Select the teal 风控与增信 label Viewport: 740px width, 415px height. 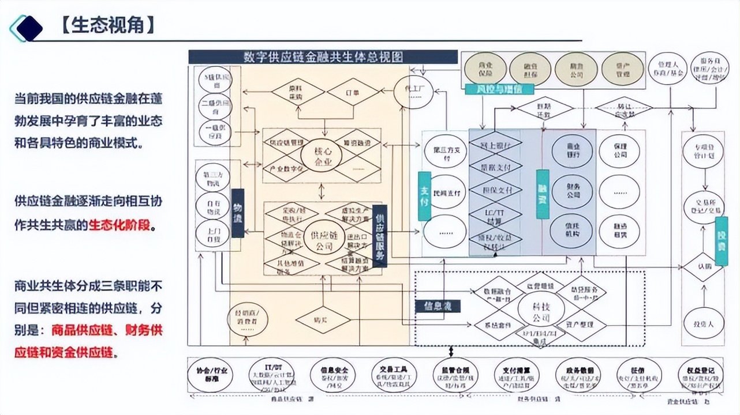point(499,89)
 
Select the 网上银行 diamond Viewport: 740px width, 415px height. point(495,146)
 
